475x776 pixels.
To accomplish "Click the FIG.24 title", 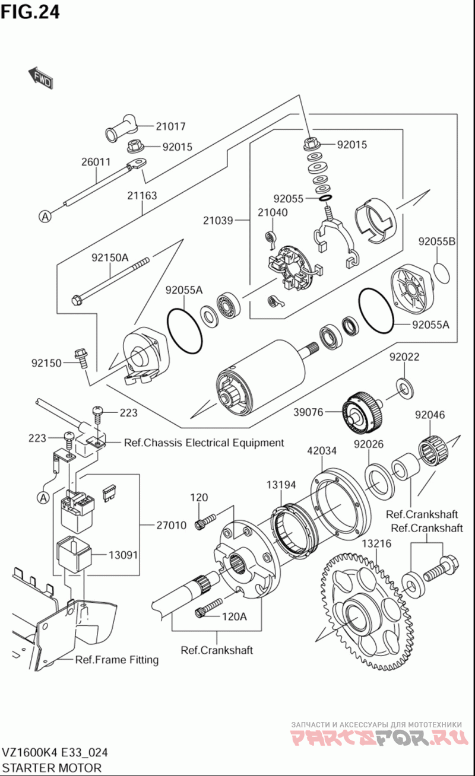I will [30, 12].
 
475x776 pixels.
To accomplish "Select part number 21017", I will [170, 126].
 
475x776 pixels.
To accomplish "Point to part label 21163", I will [142, 195].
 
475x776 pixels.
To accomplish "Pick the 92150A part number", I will [110, 257].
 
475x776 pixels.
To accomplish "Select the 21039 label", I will [218, 221].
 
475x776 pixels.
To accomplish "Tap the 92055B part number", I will [436, 241].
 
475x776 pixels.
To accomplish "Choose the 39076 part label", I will [308, 412].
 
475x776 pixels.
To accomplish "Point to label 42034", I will [322, 450].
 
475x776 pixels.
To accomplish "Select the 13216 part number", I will [376, 543].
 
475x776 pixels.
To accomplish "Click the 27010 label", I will [172, 524].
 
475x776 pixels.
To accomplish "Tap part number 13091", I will [123, 555].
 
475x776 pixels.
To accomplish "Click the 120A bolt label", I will [234, 616].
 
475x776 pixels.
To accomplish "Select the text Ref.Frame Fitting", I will [117, 660].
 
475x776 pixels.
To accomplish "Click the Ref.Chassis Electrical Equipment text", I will [204, 443].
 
